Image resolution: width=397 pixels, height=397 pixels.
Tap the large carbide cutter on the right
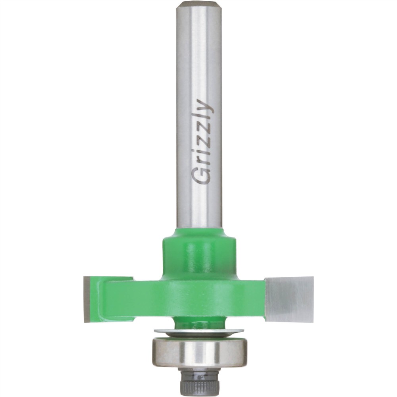289,299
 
